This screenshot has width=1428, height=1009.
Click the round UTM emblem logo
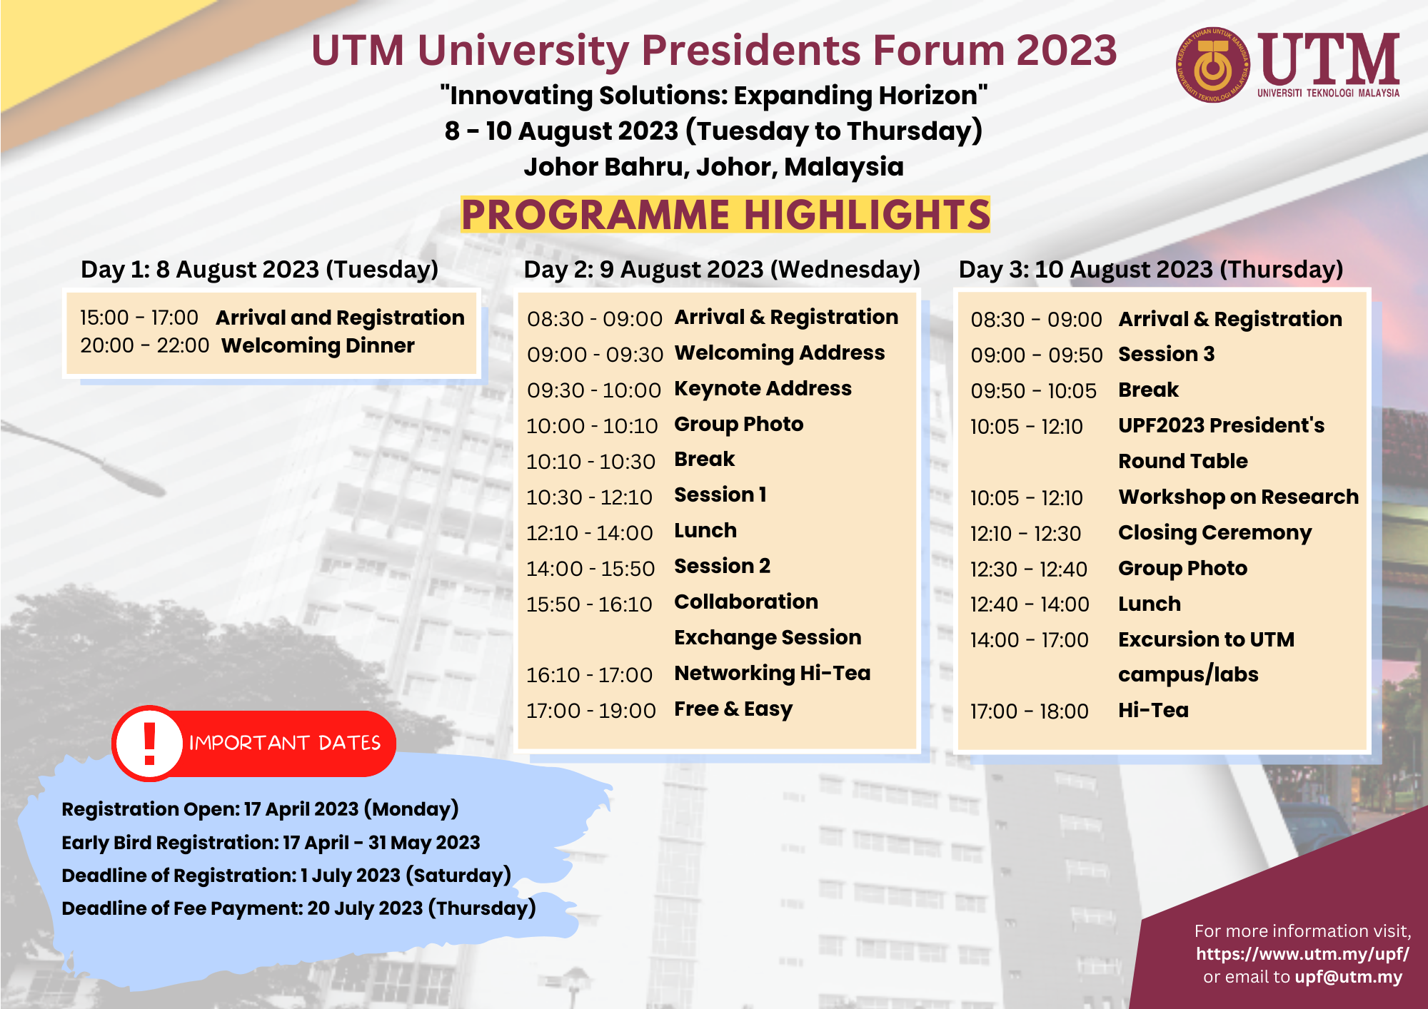pos(1212,65)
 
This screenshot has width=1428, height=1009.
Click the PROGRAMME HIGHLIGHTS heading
pos(725,215)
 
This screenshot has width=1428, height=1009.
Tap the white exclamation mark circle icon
pos(149,743)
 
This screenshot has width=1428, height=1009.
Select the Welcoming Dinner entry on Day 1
pos(318,345)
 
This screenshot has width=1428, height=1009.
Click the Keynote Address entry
pos(763,388)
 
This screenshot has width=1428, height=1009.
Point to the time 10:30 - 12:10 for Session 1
pos(589,497)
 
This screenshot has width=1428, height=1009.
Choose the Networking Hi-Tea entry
pos(772,673)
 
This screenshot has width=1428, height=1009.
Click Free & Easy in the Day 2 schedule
pos(733,709)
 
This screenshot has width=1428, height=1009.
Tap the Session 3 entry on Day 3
pos(1166,354)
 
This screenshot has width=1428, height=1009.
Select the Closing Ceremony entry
pos(1215,532)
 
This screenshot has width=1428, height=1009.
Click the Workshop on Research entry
pos(1238,497)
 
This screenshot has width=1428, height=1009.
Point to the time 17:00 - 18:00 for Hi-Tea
pos(1029,711)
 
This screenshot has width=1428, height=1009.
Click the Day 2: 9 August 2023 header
pos(721,269)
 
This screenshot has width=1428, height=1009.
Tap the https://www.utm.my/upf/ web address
pos(1302,954)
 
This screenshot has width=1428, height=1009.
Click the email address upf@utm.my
pos(1348,977)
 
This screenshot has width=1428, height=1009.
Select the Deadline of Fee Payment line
pos(298,908)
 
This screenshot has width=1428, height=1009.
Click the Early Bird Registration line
pos(271,842)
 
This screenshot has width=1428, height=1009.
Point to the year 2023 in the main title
pos(1066,51)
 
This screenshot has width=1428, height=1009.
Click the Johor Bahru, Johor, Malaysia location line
pos(713,167)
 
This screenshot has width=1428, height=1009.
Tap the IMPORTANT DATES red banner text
pos(285,743)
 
